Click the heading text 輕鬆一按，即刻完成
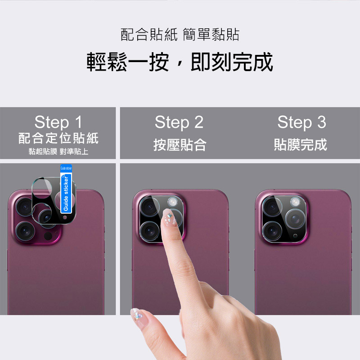(180, 62)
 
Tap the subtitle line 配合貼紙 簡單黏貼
(180, 35)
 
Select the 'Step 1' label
(58, 122)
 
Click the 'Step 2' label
(179, 122)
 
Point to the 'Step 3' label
(301, 122)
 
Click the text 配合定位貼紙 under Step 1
(58, 138)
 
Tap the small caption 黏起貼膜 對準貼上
(58, 152)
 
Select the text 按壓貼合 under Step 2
(180, 145)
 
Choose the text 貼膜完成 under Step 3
(300, 144)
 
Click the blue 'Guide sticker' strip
(66, 189)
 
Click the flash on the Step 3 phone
(295, 202)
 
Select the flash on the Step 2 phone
(172, 202)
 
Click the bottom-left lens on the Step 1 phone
(25, 231)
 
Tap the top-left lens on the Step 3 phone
(272, 207)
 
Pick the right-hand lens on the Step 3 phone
(295, 219)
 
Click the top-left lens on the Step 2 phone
(149, 207)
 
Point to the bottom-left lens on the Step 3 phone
(272, 231)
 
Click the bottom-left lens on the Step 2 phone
(149, 231)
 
